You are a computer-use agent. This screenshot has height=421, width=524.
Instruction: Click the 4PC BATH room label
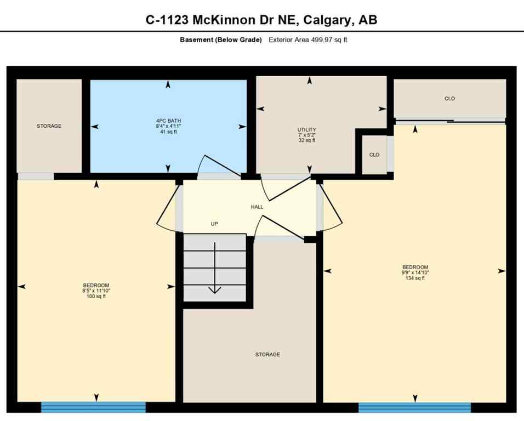point(168,120)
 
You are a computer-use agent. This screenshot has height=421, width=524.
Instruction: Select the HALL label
point(257,207)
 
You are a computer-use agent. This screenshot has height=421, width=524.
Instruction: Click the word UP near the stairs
point(215,224)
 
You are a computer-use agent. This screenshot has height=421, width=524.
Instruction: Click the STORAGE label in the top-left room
point(49,126)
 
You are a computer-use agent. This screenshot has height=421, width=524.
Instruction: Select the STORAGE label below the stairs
point(267,355)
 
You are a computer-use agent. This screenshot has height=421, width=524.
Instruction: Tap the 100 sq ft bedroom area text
point(96,297)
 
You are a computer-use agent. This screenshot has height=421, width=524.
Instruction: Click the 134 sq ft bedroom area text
point(414,278)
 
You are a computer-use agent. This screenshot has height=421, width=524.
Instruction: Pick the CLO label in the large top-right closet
point(449,99)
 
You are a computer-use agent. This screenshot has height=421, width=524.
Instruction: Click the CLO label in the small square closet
point(374,155)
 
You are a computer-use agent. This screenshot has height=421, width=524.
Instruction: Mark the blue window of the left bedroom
point(93,407)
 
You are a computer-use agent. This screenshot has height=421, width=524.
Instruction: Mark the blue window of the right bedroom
point(414,407)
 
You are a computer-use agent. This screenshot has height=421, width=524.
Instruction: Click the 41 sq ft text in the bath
point(168,132)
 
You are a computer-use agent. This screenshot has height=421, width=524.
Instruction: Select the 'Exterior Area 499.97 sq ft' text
point(308,40)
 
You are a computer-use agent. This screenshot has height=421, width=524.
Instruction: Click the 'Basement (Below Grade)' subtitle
point(221,40)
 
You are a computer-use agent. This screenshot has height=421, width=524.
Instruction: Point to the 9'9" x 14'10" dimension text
point(414,272)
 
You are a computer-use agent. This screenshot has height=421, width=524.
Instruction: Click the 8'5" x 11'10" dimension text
point(96,291)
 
